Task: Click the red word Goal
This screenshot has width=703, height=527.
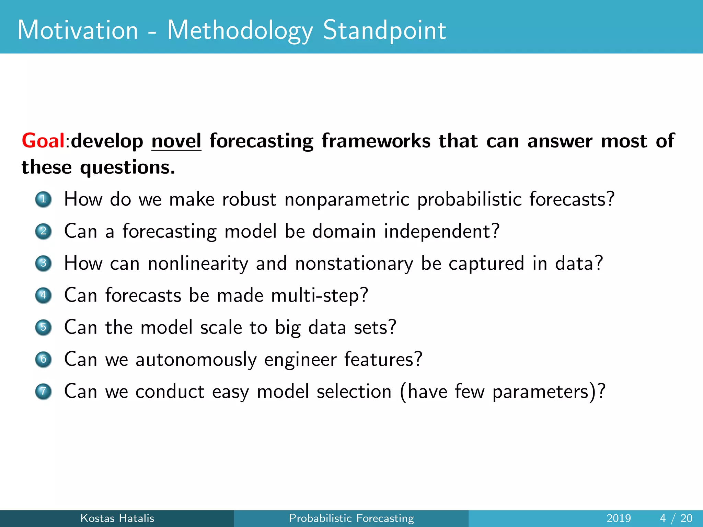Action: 43,141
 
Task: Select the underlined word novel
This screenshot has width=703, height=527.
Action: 176,141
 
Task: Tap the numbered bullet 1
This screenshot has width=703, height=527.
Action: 43,199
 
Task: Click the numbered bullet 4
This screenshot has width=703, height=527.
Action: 43,295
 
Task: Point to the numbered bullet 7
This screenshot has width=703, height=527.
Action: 43,391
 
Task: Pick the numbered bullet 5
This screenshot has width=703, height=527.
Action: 43,327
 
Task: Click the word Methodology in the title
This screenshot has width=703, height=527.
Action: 240,31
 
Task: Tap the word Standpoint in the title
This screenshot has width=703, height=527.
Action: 384,31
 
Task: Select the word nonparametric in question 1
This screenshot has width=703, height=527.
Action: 347,200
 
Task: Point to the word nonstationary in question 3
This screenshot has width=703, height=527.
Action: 354,263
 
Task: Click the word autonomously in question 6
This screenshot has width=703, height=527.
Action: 196,360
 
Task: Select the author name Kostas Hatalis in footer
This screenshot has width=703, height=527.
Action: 117,518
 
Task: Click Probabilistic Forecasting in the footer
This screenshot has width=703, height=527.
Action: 351,518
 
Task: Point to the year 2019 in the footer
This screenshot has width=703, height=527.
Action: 619,518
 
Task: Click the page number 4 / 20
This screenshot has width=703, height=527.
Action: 676,518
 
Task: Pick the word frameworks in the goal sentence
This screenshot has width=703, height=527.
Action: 376,141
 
